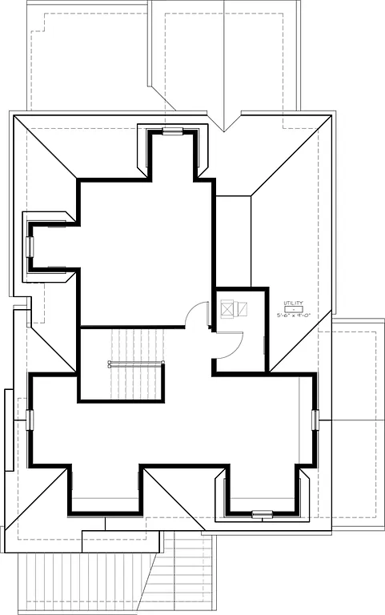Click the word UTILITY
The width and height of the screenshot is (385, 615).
pyautogui.click(x=293, y=303)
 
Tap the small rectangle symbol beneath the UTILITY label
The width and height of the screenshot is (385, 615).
pyautogui.click(x=293, y=309)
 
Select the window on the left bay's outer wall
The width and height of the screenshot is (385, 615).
pyautogui.click(x=30, y=246)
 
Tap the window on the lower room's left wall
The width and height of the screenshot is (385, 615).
pyautogui.click(x=30, y=419)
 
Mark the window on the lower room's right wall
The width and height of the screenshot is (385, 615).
pyautogui.click(x=315, y=419)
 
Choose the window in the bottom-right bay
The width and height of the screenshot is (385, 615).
pyautogui.click(x=262, y=513)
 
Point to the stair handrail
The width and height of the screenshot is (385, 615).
pyautogui.click(x=136, y=363)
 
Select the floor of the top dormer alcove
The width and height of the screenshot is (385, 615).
pyautogui.click(x=172, y=156)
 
